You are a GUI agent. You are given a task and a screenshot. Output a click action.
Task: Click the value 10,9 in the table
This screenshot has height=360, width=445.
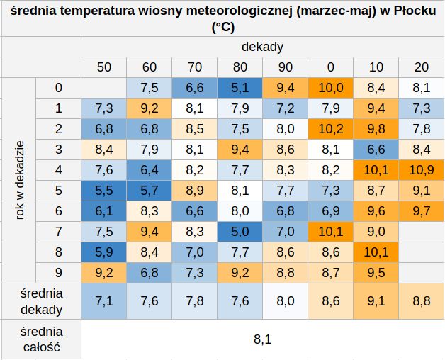click(x=422, y=170)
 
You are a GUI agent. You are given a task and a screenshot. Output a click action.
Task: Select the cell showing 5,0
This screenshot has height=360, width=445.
click(x=240, y=232)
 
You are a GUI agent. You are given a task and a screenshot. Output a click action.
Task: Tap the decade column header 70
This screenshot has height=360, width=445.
click(x=194, y=67)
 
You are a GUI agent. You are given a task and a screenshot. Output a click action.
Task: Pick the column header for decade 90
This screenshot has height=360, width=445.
click(x=286, y=67)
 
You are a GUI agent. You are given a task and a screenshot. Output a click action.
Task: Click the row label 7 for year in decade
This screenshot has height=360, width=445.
click(x=59, y=232)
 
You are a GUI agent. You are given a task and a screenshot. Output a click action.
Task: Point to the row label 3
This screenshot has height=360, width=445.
click(x=59, y=150)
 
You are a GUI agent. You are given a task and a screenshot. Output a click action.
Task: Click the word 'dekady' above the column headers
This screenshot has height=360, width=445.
click(x=262, y=47)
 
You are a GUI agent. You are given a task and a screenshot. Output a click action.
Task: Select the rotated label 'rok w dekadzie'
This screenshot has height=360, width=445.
click(x=19, y=180)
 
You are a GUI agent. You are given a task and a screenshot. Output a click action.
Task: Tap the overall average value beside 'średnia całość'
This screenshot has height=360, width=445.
click(x=262, y=339)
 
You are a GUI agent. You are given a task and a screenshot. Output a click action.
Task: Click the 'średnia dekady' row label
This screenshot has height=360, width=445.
click(x=41, y=301)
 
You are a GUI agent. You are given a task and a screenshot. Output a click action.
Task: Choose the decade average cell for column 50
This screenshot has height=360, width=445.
click(x=104, y=301)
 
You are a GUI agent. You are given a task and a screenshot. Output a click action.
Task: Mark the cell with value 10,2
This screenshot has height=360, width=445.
click(x=331, y=129)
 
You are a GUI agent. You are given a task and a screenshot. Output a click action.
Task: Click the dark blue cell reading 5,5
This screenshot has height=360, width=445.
click(x=104, y=190)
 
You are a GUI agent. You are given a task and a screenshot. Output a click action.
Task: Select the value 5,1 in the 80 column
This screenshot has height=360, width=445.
click(x=240, y=88)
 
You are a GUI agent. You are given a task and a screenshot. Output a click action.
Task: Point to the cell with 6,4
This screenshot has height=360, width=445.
click(x=150, y=170)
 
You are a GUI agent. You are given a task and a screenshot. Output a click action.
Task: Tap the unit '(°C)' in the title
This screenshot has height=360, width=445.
click(x=223, y=28)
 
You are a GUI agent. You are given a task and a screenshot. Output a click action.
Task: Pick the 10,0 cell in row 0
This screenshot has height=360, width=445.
click(x=331, y=88)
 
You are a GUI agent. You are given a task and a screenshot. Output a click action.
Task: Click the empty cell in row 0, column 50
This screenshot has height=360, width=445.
click(x=104, y=88)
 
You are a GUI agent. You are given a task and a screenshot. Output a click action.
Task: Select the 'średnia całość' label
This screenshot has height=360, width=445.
click(x=41, y=339)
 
